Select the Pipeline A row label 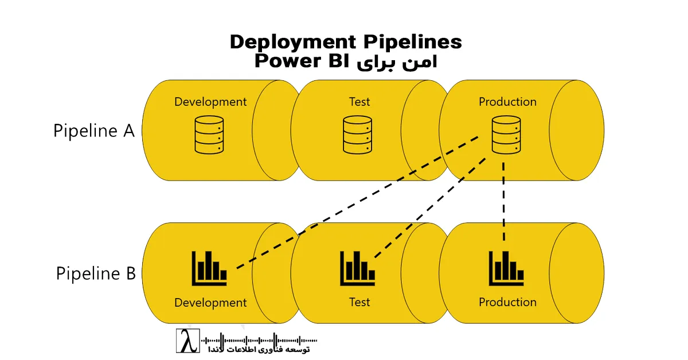click(94, 131)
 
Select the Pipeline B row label click(96, 273)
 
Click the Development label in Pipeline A click(210, 102)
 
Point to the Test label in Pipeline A click(359, 102)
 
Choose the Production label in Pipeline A click(507, 102)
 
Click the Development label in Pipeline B click(210, 302)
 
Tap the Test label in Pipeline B click(359, 302)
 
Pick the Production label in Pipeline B click(507, 302)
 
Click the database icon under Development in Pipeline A click(209, 135)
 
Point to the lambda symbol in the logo click(187, 341)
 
